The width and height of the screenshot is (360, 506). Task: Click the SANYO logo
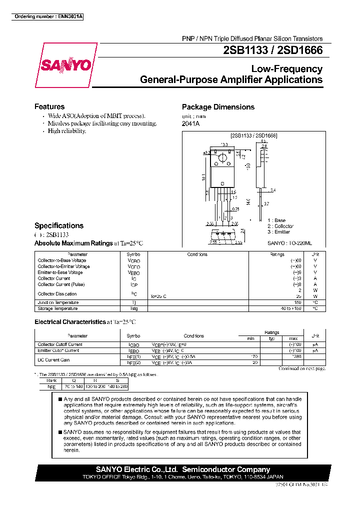pos(65,65)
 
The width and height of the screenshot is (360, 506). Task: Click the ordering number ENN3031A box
pos(48,17)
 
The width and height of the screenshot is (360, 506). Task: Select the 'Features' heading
pos(49,106)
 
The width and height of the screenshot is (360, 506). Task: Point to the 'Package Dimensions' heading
pos(218,107)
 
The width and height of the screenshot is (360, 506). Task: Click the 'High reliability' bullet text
pos(67,131)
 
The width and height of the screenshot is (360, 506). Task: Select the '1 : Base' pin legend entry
pos(277,220)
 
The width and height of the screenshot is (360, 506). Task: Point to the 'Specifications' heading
pos(59,225)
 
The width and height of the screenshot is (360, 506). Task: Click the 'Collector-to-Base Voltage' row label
pos(62,260)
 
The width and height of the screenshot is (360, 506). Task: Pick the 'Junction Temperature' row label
pos(58,302)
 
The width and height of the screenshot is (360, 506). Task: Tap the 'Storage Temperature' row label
pos(58,308)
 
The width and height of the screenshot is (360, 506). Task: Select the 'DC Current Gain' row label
pos(53,360)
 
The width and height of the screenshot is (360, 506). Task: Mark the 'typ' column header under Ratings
pos(272,339)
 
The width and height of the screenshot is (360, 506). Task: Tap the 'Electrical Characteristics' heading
pos(70,322)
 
